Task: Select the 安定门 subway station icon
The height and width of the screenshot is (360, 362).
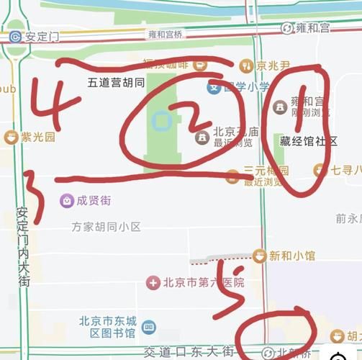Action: (15, 35)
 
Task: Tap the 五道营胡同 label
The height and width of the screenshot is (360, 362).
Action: (115, 82)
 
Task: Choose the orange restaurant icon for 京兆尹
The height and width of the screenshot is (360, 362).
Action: (247, 66)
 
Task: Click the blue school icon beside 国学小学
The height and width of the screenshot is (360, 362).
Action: (214, 87)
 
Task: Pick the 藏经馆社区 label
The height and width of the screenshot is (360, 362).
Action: (309, 141)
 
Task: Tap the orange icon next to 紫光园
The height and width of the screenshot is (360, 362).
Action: (10, 137)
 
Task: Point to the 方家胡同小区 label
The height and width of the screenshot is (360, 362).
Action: (106, 227)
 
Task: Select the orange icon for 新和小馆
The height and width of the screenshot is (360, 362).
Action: (259, 255)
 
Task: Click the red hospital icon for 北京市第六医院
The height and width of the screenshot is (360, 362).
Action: (153, 282)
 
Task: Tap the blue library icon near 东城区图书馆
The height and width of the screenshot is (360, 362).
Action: (148, 328)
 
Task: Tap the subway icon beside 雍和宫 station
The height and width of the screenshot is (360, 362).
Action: (288, 28)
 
